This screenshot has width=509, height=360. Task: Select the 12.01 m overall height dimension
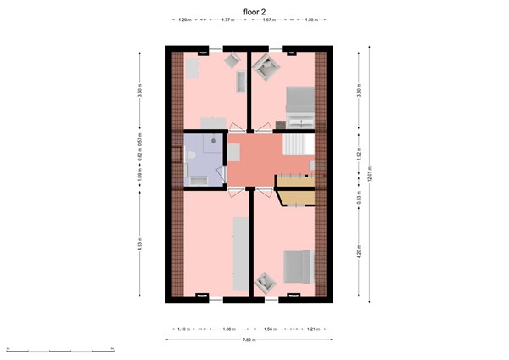tap(371, 175)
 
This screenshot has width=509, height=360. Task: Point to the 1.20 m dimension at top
tap(184, 18)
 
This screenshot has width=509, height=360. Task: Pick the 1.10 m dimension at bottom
tap(182, 329)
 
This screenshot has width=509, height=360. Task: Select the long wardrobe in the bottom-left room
tap(239, 252)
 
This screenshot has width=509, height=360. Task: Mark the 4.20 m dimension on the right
tap(360, 251)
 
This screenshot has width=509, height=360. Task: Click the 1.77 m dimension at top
tap(227, 18)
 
